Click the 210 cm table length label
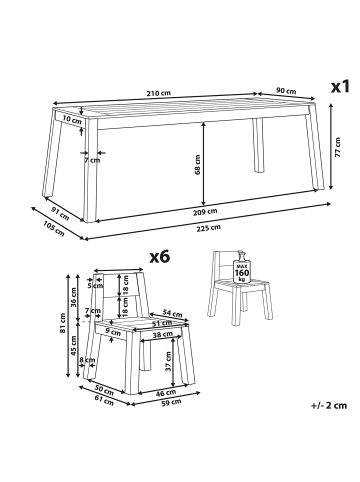[159, 93]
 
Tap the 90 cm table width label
[286, 91]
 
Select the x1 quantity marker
[340, 86]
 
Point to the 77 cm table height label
[338, 147]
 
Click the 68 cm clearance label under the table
[197, 165]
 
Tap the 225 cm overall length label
[208, 228]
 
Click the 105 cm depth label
[54, 229]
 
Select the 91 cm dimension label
[60, 213]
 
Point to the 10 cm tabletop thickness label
[72, 120]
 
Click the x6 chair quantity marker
[159, 257]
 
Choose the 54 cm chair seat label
[172, 313]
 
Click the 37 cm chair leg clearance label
[168, 361]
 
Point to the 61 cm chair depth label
[104, 400]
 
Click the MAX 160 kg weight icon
[242, 267]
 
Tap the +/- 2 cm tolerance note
[329, 405]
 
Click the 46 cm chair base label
[166, 393]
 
